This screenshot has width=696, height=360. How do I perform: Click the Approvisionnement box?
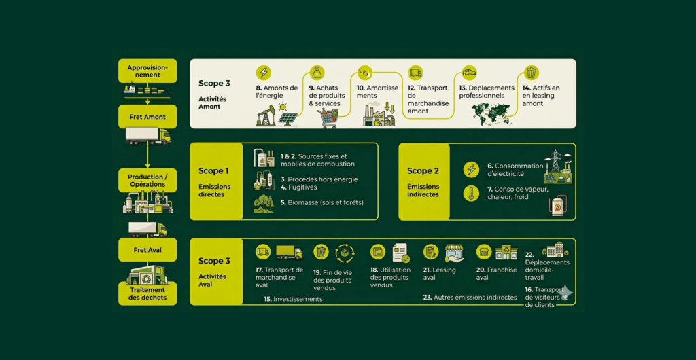[x=147, y=71]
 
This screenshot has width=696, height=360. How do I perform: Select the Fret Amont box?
[x=147, y=117]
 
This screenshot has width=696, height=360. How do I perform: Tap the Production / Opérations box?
[x=147, y=180]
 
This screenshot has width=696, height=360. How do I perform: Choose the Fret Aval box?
[x=147, y=249]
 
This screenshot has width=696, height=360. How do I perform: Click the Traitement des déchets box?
[x=147, y=293]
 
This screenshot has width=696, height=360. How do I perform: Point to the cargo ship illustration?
[x=148, y=91]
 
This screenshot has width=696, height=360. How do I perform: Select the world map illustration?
[x=491, y=113]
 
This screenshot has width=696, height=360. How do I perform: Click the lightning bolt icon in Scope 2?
[x=471, y=170]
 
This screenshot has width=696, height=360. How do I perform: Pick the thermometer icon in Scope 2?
[x=471, y=194]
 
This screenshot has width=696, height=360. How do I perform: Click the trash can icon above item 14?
[x=531, y=73]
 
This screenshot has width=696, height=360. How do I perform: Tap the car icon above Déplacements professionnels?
[x=469, y=72]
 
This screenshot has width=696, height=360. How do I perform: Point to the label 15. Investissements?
[x=293, y=299]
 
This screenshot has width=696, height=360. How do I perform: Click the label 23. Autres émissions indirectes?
[x=470, y=297]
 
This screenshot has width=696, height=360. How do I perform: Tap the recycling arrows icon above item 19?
[x=345, y=253]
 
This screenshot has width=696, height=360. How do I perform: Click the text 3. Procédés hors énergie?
[x=319, y=179]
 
